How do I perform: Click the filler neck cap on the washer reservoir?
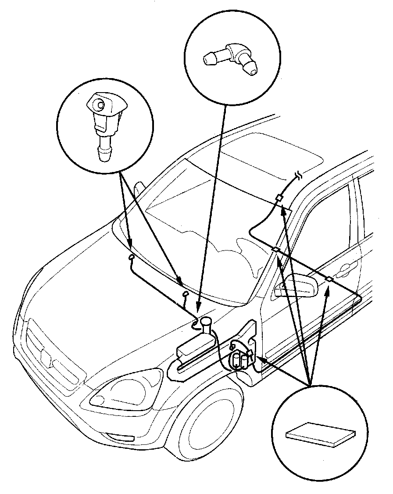[205, 323]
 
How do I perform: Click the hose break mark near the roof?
[298, 177]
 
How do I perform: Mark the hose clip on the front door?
[329, 279]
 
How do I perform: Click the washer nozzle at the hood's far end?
[131, 258]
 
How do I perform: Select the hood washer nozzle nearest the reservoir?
[185, 293]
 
